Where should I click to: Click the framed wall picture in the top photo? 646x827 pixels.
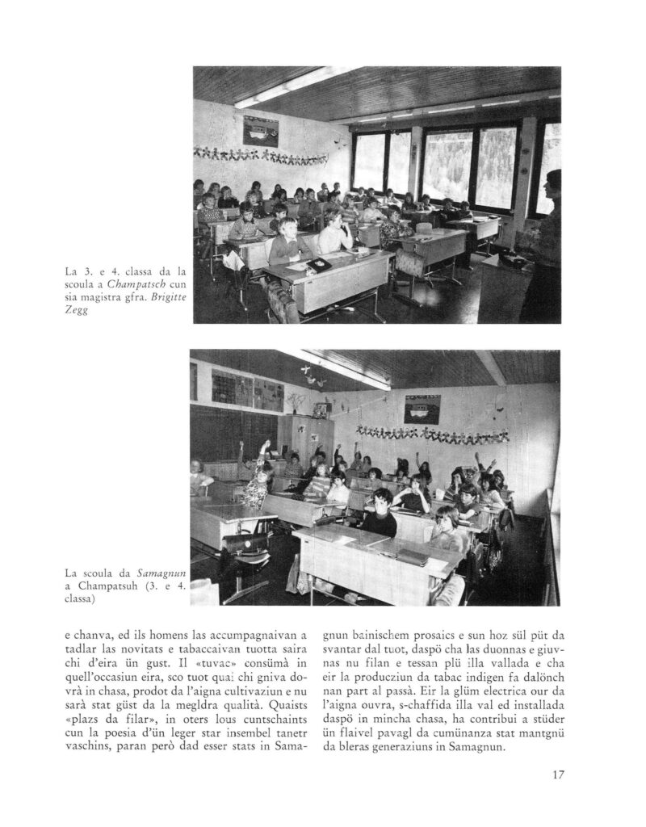(261, 130)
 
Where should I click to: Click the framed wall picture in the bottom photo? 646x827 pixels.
(422, 409)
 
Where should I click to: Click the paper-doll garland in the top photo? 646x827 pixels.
(260, 154)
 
